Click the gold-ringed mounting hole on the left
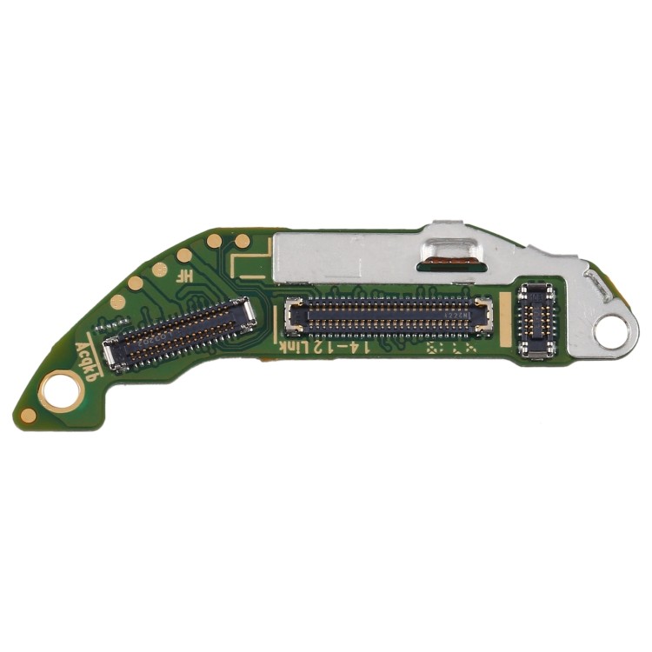[x=61, y=389]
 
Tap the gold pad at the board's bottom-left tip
[x=29, y=415]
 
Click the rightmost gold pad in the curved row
[x=243, y=241]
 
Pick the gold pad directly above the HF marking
[x=184, y=256]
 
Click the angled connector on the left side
[x=180, y=331]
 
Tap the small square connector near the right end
[x=536, y=320]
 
